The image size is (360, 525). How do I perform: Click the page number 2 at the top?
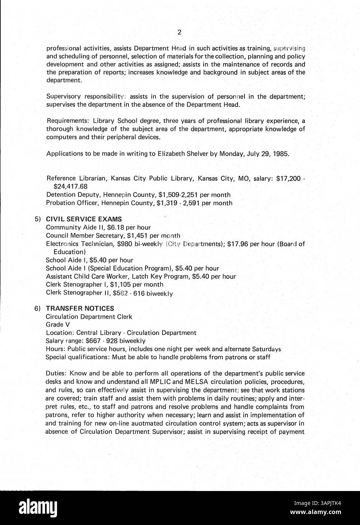tap(179, 32)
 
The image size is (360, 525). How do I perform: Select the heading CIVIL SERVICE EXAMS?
tap(84, 219)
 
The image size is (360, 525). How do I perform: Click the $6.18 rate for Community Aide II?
tap(116, 227)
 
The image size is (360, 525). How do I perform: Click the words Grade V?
tap(58, 325)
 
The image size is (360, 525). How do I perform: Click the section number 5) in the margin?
tap(38, 219)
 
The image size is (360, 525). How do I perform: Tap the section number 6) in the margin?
tap(38, 308)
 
